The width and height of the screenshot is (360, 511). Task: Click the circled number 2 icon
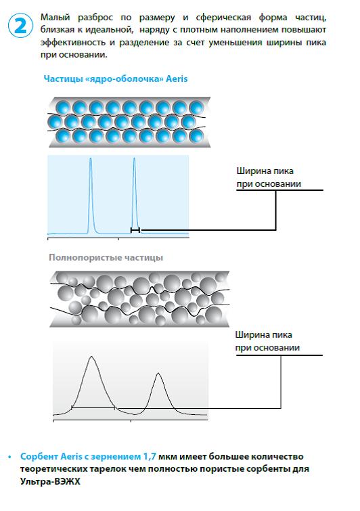pos(20,25)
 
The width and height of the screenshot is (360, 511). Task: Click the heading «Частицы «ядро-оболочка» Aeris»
pos(116,79)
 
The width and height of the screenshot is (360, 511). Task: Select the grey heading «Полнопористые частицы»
pos(106,257)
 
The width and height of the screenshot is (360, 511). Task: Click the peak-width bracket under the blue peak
pos(135,230)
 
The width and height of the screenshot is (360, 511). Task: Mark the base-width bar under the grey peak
pos(93,407)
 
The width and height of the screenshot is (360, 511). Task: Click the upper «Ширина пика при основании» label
pos(269,177)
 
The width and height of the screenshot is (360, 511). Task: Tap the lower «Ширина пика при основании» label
pos(267,341)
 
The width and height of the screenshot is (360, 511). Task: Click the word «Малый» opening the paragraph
pos(55,18)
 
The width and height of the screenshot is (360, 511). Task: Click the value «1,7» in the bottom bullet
pos(150,457)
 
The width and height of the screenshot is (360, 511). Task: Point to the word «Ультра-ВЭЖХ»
pos(50,481)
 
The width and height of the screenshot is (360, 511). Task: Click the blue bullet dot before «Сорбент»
pos(9,457)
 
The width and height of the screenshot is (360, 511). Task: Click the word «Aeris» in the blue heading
pos(177,79)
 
